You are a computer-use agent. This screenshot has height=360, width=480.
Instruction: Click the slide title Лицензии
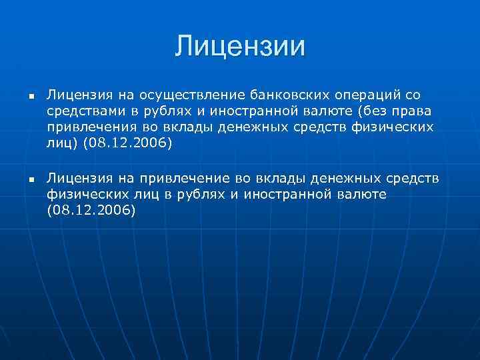(240, 46)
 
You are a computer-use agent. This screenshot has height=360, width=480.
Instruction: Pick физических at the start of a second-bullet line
(80, 195)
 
